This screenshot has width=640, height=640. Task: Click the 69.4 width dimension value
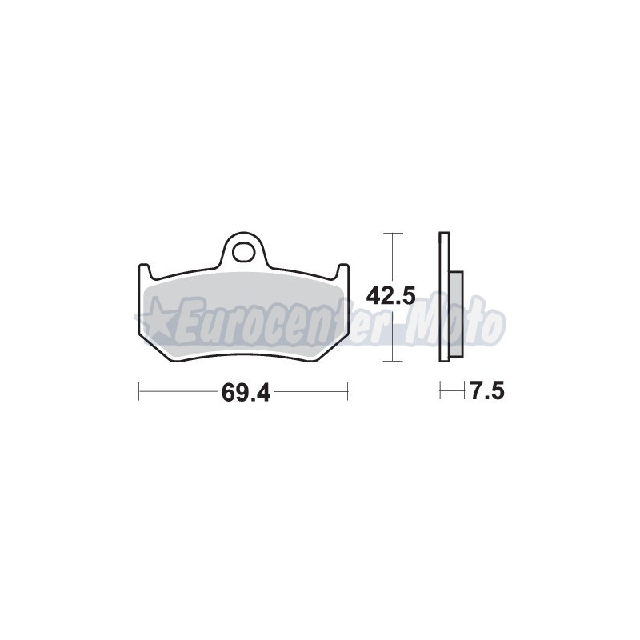pos(246,393)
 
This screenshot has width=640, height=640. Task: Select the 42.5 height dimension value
pos(390,295)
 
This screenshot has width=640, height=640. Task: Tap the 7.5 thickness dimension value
pos(487,391)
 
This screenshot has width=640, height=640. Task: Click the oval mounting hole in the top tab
pos(243,252)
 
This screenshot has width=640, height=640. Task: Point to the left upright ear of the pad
pos(144,271)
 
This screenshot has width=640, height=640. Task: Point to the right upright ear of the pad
pos(343,271)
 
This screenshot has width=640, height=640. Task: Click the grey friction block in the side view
pos(457,316)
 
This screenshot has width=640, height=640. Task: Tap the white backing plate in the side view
pos(444,297)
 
